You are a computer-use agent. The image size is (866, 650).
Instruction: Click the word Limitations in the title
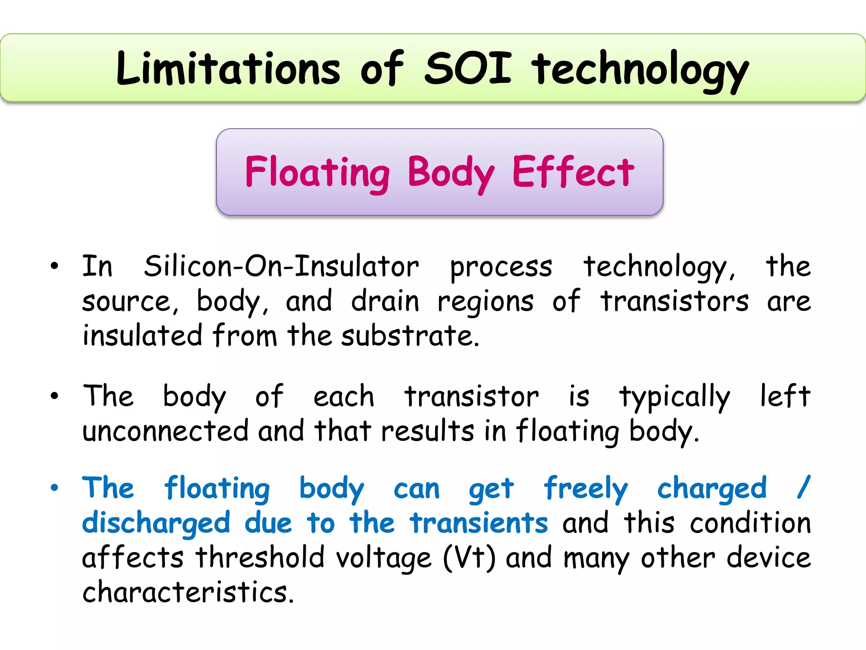tap(228, 69)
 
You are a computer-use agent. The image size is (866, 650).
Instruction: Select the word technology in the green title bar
tap(640, 70)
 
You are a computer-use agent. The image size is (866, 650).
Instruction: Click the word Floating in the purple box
tap(317, 173)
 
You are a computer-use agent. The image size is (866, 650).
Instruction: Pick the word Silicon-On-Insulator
tap(281, 267)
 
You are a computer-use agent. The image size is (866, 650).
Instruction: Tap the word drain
tap(385, 301)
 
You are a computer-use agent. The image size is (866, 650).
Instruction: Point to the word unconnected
tap(165, 431)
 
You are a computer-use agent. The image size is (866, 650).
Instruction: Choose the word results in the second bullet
tap(428, 431)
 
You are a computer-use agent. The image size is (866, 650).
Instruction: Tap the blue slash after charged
tap(803, 487)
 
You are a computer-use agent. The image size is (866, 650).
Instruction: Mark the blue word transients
tap(479, 523)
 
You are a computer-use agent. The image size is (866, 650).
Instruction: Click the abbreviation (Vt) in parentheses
tap(469, 558)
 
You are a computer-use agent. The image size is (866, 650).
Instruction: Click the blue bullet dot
tap(54, 488)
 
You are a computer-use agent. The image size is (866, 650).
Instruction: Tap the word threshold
tap(260, 558)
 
